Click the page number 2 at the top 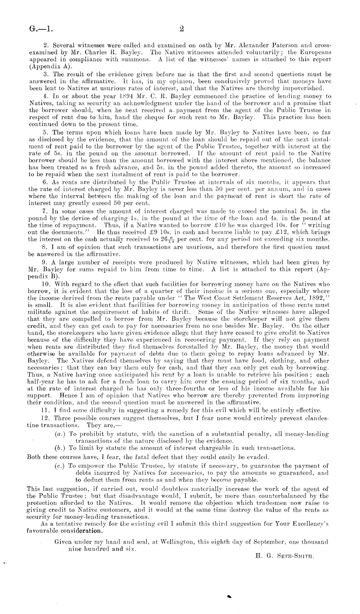coord(181,29)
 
